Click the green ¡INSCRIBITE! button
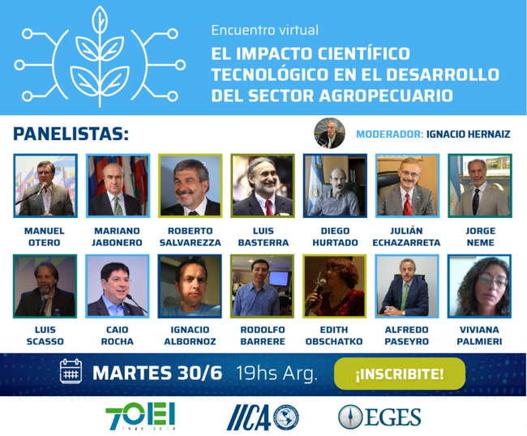[x=400, y=374]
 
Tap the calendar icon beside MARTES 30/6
[x=71, y=371]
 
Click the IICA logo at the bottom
[x=263, y=417]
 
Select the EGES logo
[x=379, y=417]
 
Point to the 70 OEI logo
[x=140, y=417]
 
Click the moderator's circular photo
[x=329, y=133]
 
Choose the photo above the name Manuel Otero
[x=45, y=186]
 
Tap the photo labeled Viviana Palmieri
[x=479, y=286]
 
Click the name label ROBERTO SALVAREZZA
[x=191, y=237]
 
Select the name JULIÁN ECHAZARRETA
[x=406, y=237]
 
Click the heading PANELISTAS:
[x=71, y=134]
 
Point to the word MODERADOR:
[x=389, y=135]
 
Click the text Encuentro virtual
[x=265, y=30]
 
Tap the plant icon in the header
[x=100, y=57]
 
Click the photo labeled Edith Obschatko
[x=334, y=286]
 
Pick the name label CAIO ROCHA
[x=118, y=336]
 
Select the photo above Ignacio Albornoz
[x=190, y=286]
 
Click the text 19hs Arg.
[x=276, y=373]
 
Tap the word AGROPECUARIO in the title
[x=385, y=96]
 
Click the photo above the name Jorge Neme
[x=480, y=186]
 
